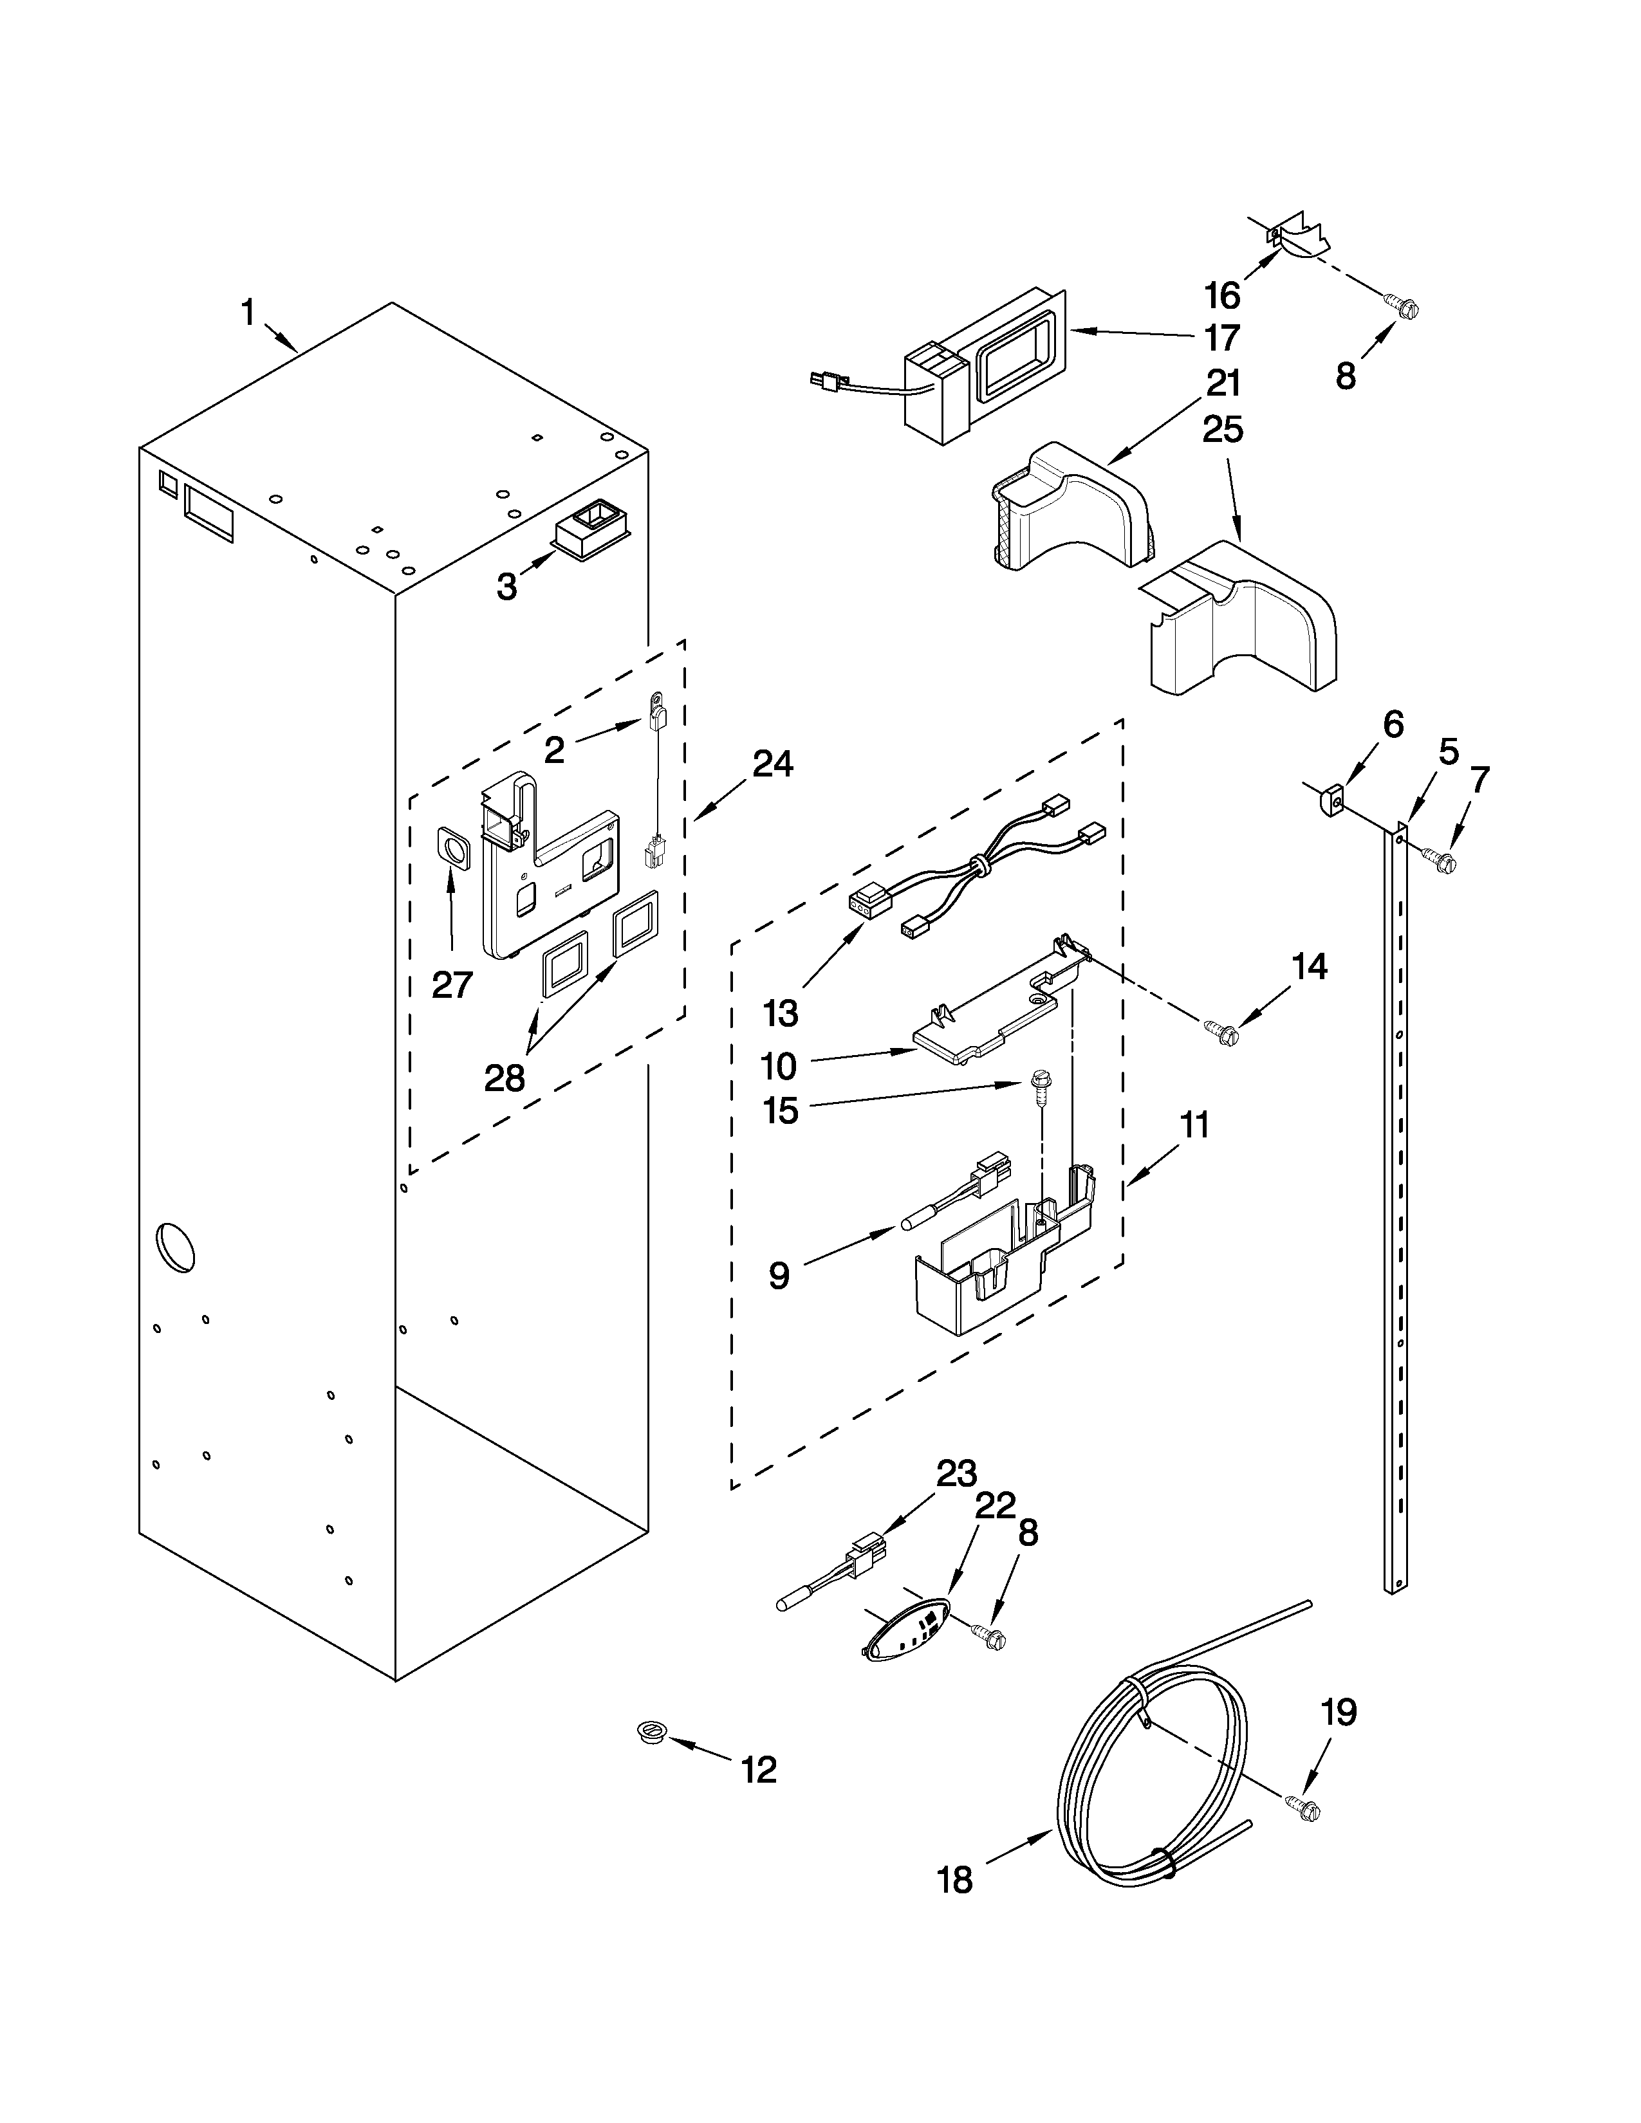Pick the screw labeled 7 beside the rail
coord(1439,858)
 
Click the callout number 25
coord(1222,428)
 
